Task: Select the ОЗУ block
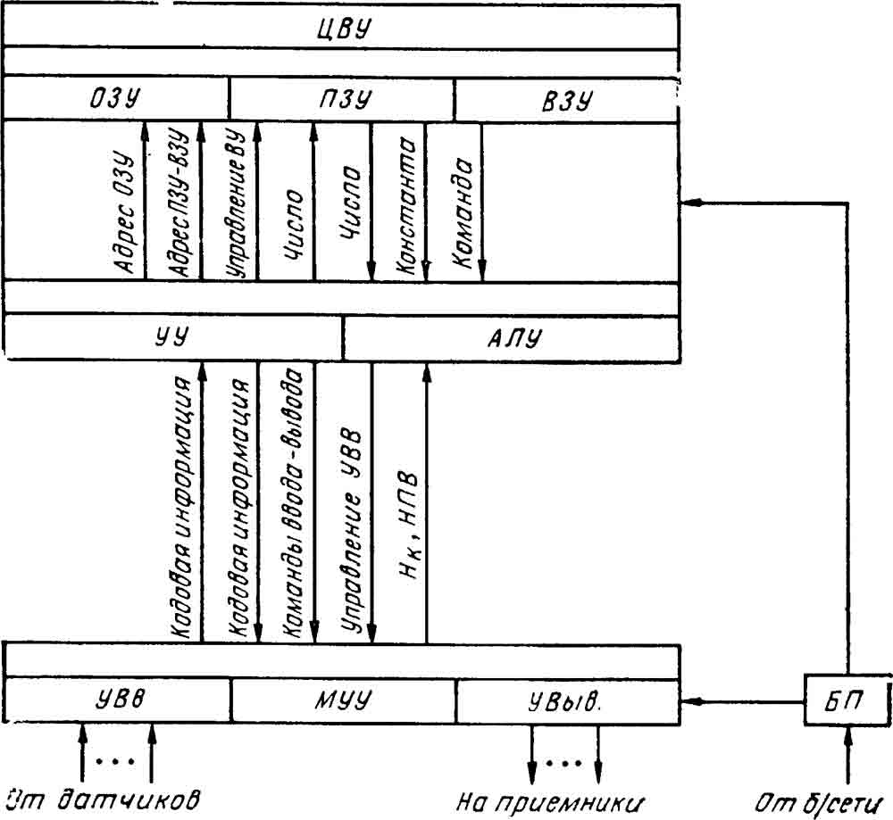tap(116, 98)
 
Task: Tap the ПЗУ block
tap(342, 98)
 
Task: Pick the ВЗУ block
tap(567, 98)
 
